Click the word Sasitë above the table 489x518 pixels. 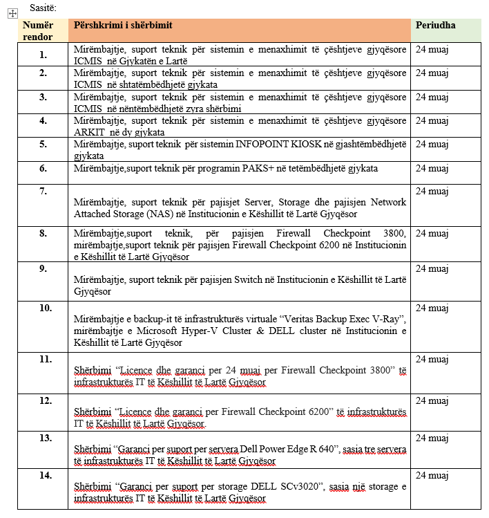42,8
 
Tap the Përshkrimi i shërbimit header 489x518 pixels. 123,26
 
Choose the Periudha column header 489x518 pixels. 435,26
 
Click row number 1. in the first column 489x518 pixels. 44,55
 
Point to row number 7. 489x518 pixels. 44,191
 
